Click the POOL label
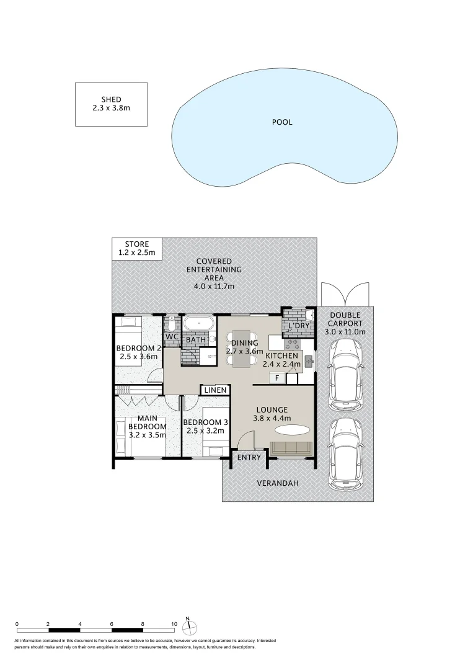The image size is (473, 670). [282, 122]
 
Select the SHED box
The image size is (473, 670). [111, 104]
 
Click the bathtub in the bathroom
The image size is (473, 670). [198, 323]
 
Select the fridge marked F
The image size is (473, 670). [276, 377]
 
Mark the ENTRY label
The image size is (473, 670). [249, 458]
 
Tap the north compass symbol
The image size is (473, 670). [190, 625]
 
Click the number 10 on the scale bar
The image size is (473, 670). [174, 624]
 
